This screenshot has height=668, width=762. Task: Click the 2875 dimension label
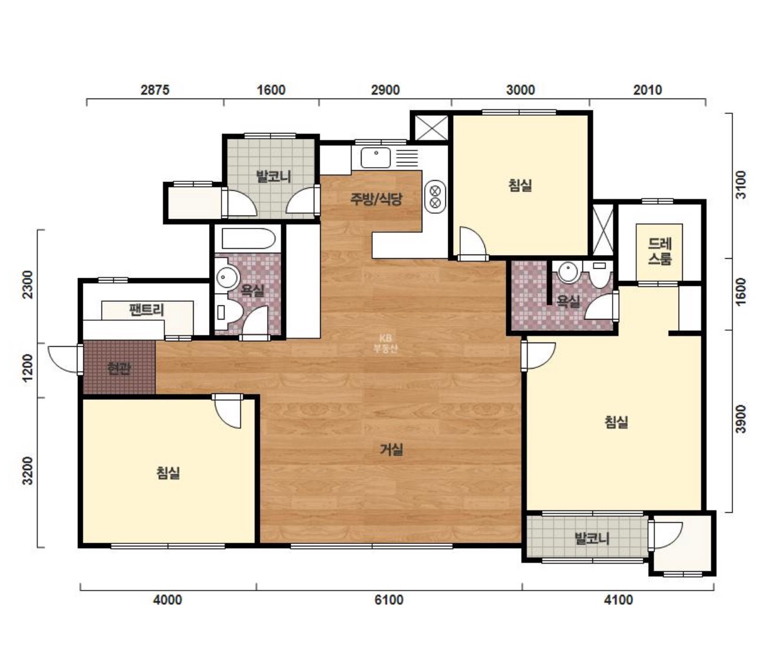click(x=155, y=90)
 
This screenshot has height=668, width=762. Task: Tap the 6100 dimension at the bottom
click(x=389, y=599)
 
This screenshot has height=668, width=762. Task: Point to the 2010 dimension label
click(x=647, y=90)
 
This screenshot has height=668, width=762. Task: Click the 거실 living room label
click(x=391, y=449)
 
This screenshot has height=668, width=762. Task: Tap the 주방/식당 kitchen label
click(x=376, y=198)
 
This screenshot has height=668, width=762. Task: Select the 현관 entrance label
click(x=119, y=368)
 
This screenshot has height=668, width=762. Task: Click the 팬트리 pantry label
click(x=146, y=310)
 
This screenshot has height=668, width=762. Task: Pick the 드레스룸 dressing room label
click(x=659, y=251)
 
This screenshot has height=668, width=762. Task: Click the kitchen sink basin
click(x=375, y=157)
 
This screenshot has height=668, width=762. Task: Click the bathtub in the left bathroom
click(x=248, y=238)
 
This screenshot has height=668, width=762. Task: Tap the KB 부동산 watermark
click(x=385, y=343)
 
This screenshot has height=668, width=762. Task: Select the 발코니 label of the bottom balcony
click(x=592, y=538)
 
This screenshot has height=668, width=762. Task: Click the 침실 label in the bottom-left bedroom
click(x=168, y=473)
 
